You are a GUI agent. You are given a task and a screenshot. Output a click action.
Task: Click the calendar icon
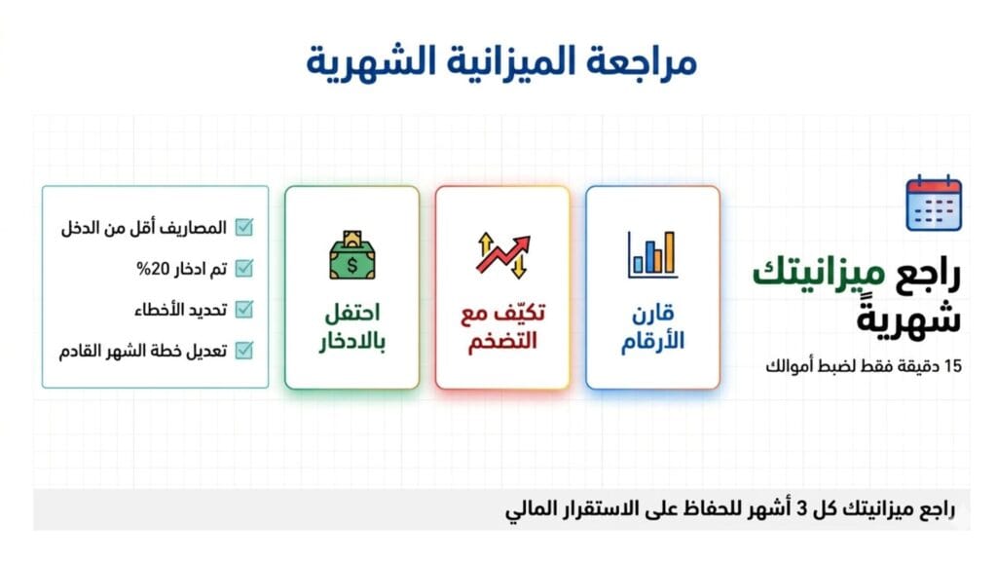tap(933, 203)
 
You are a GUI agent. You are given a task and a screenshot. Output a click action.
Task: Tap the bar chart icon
tap(652, 253)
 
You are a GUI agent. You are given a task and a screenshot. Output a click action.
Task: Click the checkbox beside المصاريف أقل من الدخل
tap(244, 228)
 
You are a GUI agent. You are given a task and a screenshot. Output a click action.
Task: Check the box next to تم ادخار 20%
tap(244, 268)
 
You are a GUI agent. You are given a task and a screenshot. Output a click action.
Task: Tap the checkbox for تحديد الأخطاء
tap(244, 309)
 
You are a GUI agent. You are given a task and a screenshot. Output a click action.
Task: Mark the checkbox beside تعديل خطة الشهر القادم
tap(244, 349)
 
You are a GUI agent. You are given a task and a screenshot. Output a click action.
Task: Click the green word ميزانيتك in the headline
tap(818, 273)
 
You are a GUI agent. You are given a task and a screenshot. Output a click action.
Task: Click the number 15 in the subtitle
tap(952, 367)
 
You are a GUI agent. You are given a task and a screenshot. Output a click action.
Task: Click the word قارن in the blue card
tap(652, 314)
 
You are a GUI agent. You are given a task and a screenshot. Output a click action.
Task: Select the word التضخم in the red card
tap(502, 343)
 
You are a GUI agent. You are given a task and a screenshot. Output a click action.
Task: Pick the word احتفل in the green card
tap(351, 314)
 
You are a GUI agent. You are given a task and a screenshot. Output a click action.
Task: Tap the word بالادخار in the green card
tap(351, 343)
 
